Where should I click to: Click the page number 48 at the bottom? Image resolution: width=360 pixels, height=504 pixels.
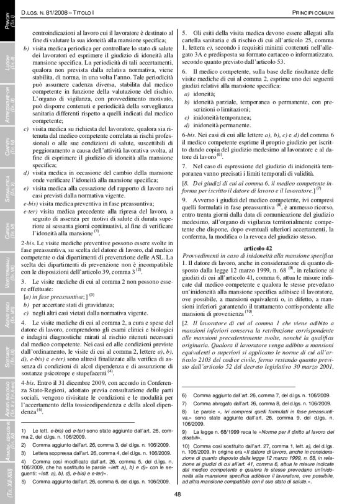pyautogui.click(x=177, y=493)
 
